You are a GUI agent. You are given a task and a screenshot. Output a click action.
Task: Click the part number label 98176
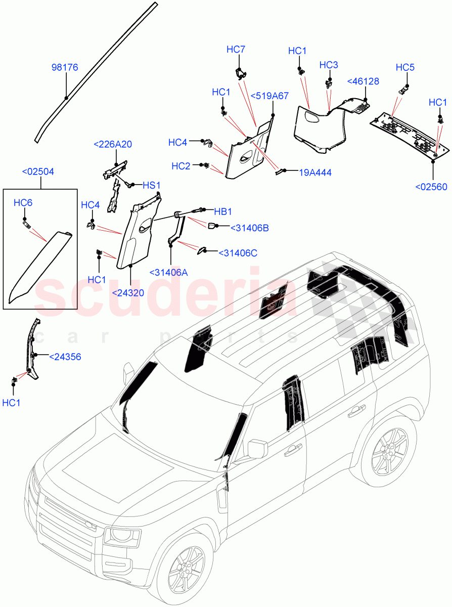65,67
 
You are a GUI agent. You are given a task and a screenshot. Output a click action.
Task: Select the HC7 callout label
236,49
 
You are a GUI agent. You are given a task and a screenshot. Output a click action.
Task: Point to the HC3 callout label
329,65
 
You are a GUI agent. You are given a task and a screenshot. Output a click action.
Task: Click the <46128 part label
363,81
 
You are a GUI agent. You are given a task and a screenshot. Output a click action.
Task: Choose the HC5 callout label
405,67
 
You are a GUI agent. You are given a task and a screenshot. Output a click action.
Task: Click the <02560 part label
431,187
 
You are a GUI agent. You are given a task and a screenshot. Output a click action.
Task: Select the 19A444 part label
315,172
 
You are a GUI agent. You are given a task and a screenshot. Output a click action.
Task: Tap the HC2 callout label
181,166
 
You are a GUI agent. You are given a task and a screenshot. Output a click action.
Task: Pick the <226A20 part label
113,144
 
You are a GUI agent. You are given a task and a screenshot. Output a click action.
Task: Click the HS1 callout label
151,186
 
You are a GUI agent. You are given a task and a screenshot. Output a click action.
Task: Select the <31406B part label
249,228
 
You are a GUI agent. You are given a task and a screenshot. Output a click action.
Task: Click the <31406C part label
238,252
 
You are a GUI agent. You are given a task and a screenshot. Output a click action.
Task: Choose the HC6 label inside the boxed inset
23,203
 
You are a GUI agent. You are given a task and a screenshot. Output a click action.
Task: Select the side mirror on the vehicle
257,449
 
